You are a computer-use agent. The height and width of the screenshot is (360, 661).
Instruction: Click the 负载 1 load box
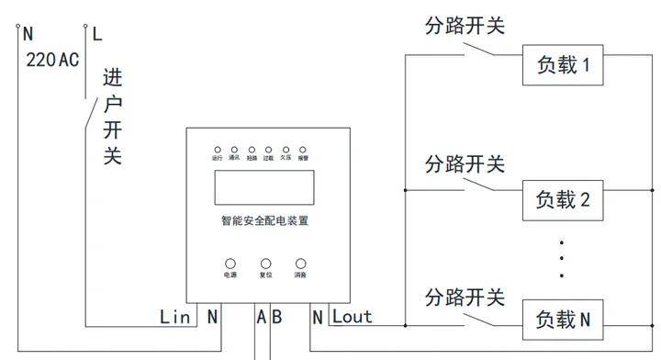[564, 65]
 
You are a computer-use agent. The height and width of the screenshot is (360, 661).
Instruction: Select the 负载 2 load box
[564, 199]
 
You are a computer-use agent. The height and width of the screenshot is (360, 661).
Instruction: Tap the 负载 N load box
[564, 319]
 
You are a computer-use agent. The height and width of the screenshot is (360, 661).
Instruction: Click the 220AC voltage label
[52, 61]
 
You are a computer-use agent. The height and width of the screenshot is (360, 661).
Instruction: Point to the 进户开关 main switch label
[112, 117]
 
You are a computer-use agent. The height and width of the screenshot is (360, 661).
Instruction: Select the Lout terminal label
[353, 317]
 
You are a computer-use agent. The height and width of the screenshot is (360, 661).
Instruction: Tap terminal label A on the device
[262, 317]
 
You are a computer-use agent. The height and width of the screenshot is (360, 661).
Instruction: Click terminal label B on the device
[276, 317]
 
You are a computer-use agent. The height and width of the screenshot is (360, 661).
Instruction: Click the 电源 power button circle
[230, 264]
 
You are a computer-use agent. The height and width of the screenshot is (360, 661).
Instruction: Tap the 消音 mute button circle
[300, 264]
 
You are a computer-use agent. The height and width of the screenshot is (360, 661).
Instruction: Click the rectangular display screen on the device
[265, 188]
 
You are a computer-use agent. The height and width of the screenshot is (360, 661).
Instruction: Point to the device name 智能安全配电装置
[265, 221]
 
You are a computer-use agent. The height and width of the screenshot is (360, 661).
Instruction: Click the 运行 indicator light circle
[218, 149]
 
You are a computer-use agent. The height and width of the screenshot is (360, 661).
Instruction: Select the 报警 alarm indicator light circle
[302, 149]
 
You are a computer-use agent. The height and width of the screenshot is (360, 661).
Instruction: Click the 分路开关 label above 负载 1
[465, 26]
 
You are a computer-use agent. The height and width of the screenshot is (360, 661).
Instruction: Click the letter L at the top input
[98, 35]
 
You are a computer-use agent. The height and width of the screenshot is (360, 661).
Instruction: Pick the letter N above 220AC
[28, 35]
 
